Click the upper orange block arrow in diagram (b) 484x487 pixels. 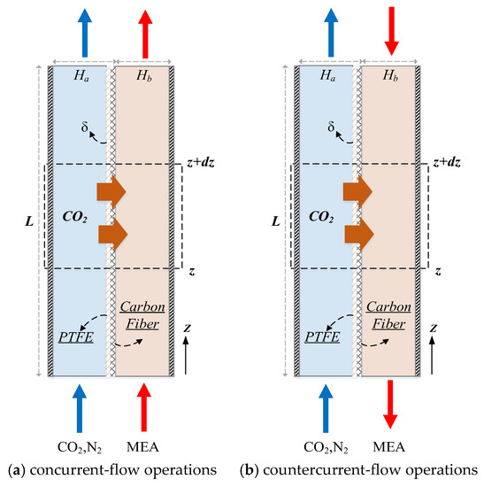pyautogui.click(x=355, y=190)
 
